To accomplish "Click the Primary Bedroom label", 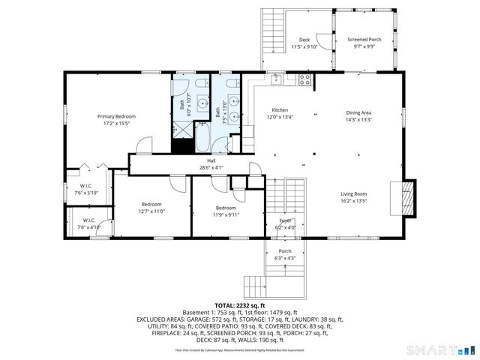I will [x=115, y=116].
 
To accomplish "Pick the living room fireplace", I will [x=407, y=197].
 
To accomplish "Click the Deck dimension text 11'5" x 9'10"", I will [x=304, y=46].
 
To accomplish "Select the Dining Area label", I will [x=358, y=112].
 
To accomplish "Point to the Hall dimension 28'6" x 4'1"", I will [x=211, y=167].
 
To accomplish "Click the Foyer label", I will [x=286, y=220].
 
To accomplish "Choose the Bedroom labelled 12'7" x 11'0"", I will [x=152, y=211].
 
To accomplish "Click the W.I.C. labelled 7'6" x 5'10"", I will [x=86, y=193].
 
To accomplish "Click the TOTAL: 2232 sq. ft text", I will [x=239, y=305].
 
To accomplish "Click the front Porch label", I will [x=285, y=251].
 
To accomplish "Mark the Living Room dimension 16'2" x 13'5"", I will [x=353, y=201].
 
